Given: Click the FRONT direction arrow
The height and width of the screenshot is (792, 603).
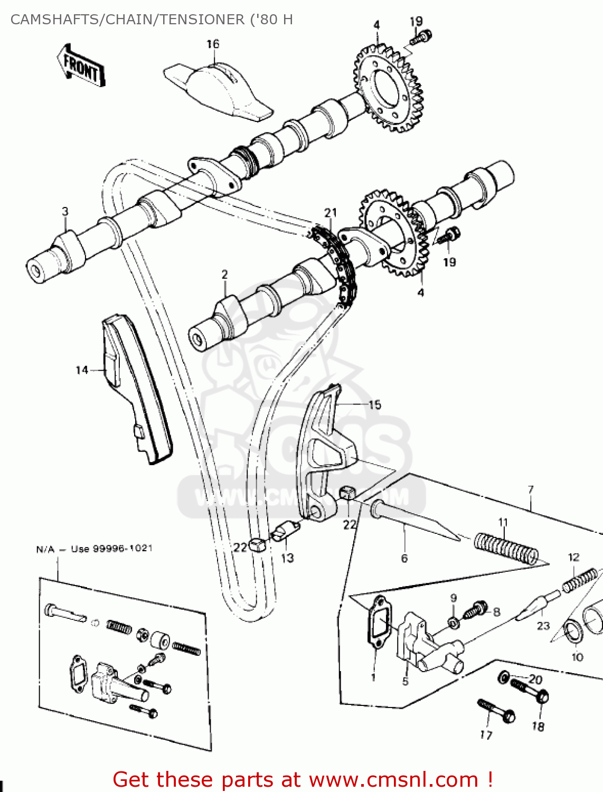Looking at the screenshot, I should pyautogui.click(x=81, y=65).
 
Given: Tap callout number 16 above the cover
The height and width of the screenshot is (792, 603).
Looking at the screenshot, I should pyautogui.click(x=213, y=44).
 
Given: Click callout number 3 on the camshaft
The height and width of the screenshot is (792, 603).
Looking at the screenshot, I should pyautogui.click(x=65, y=212).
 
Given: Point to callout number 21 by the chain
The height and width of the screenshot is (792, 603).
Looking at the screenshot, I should pyautogui.click(x=331, y=213).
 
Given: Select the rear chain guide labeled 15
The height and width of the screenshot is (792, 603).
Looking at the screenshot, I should pyautogui.click(x=322, y=454).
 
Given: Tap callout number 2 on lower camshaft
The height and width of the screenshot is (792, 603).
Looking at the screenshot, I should pyautogui.click(x=225, y=275).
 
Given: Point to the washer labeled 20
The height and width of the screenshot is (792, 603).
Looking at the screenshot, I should pyautogui.click(x=504, y=677).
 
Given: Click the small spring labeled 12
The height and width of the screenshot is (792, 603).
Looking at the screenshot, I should pyautogui.click(x=580, y=579).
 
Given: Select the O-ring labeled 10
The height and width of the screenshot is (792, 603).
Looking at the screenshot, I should pyautogui.click(x=573, y=634).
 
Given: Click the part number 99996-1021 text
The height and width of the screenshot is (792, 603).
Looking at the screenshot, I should pyautogui.click(x=123, y=549).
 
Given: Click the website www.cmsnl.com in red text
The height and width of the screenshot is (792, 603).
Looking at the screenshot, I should pyautogui.click(x=393, y=779).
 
